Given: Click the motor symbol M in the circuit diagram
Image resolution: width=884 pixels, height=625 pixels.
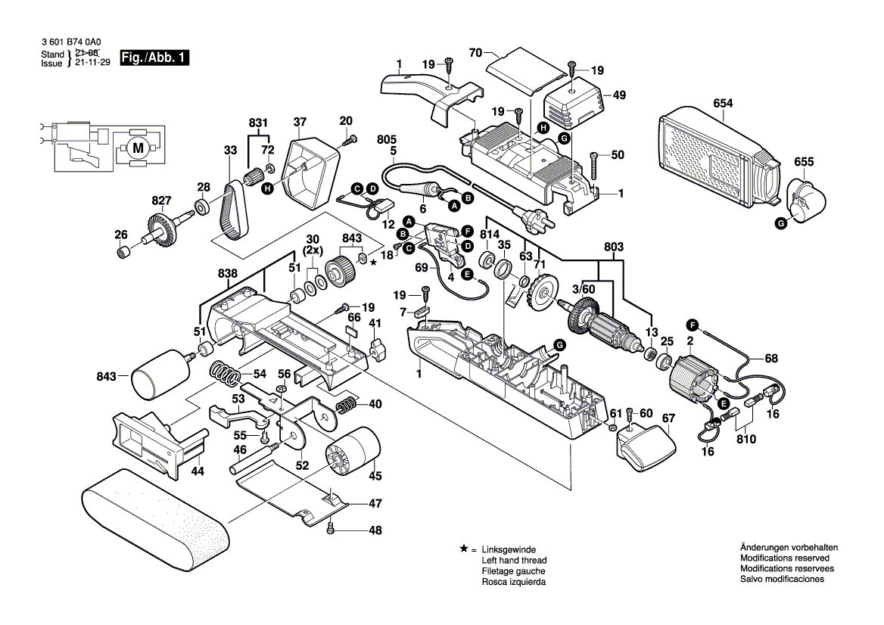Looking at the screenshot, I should point(137,148).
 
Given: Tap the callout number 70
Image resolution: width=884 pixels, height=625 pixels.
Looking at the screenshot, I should point(475,53).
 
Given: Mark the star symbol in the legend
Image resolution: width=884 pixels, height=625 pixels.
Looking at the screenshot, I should point(462,548).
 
